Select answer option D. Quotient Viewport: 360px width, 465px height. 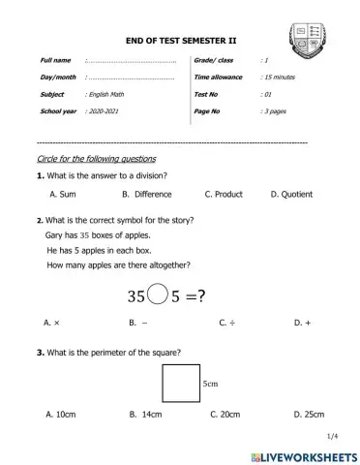291,195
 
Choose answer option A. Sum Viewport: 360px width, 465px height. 63,195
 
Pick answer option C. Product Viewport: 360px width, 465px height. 224,195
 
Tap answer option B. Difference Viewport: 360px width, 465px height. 147,195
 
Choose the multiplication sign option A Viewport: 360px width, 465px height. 53,321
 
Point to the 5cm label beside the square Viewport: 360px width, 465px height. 212,384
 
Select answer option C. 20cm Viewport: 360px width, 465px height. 225,415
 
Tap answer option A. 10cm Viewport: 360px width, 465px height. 60,415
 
